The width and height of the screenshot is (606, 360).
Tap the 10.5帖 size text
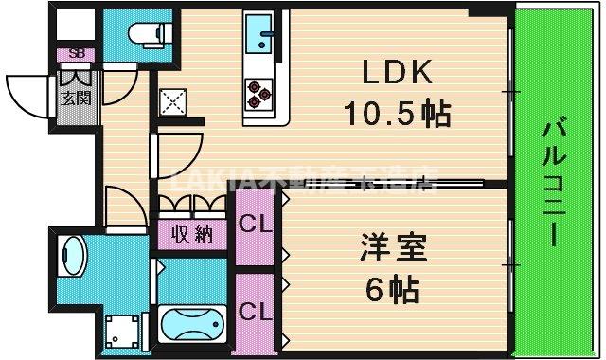[x=396, y=115]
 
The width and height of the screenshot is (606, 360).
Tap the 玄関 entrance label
[x=75, y=99]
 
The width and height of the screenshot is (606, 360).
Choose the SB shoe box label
[x=75, y=54]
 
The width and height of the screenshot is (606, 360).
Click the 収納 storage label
[x=191, y=235]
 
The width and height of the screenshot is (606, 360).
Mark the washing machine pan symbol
[x=121, y=333]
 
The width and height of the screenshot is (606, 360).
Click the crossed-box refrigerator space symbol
[x=174, y=100]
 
